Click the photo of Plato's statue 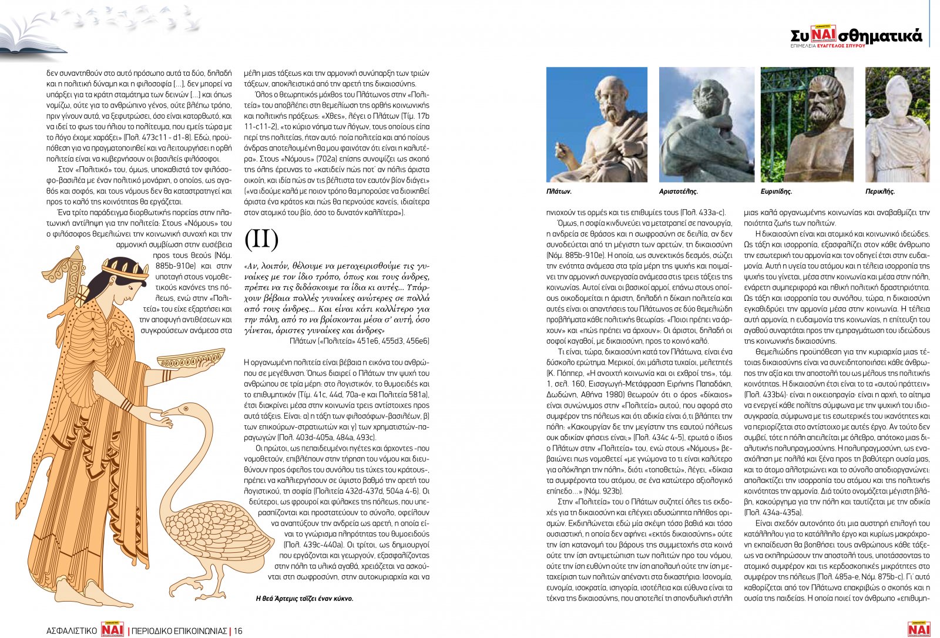click(596, 125)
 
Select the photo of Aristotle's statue click(706, 125)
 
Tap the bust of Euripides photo click(808, 125)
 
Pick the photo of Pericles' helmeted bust click(897, 125)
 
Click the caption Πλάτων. click(559, 192)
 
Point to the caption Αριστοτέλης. click(679, 192)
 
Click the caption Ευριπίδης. click(776, 192)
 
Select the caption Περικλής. click(879, 192)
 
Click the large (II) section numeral click(261, 239)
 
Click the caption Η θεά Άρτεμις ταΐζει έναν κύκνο click(304, 599)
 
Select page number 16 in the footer click(238, 631)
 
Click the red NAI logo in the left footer click(113, 629)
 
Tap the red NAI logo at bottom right click(918, 629)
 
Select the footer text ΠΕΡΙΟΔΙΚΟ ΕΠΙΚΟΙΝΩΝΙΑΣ click(179, 631)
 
